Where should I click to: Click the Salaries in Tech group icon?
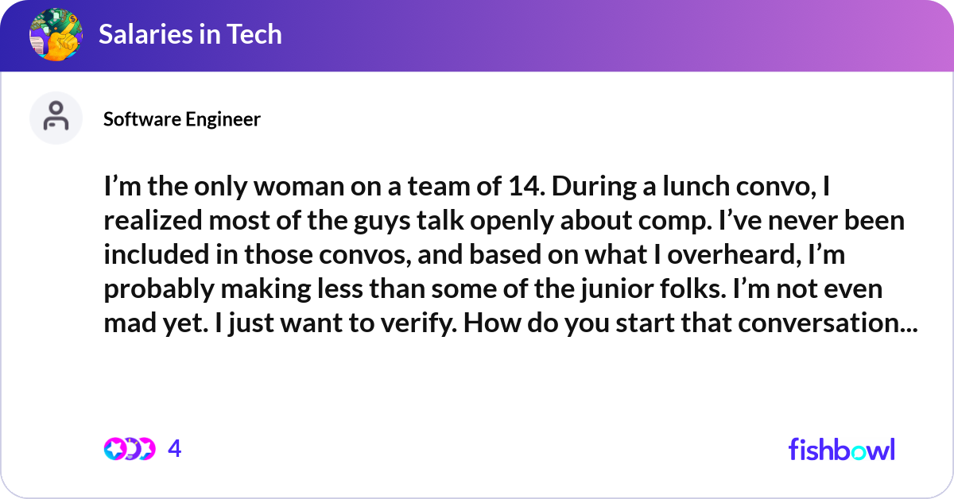tap(55, 34)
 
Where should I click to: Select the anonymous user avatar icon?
tap(56, 118)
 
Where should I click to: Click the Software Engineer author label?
tap(182, 119)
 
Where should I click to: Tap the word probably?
tap(154, 288)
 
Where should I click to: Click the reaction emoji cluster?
tap(129, 449)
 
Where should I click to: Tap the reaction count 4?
tap(175, 449)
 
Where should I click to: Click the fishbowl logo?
tap(841, 449)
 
